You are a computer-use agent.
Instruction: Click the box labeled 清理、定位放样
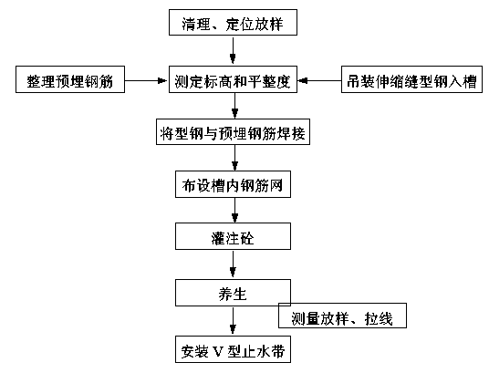[233, 22]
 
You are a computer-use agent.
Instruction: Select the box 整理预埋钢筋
[70, 79]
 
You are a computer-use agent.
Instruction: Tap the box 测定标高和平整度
[233, 79]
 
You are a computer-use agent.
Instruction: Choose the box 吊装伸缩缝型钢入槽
[411, 79]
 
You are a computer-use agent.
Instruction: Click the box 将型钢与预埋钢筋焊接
[233, 131]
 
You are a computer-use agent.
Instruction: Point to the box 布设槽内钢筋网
[233, 184]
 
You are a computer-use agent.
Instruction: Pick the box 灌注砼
[233, 236]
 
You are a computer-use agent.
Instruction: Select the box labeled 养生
[233, 293]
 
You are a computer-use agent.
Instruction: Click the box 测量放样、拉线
[342, 316]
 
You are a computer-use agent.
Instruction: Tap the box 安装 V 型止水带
[233, 349]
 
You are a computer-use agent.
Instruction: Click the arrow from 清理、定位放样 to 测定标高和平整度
[233, 50]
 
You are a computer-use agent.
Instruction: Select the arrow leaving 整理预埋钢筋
[146, 81]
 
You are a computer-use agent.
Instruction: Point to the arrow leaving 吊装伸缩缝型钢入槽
[319, 81]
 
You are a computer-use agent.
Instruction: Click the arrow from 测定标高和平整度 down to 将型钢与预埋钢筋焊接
[234, 106]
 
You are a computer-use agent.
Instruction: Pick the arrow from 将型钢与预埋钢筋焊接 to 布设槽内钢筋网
[234, 158]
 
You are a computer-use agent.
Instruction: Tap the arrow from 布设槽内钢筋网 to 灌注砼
[234, 210]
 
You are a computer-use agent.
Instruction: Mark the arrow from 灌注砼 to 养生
[233, 264]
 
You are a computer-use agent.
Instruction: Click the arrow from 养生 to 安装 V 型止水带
[233, 321]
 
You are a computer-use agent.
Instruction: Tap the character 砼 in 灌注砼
[246, 239]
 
